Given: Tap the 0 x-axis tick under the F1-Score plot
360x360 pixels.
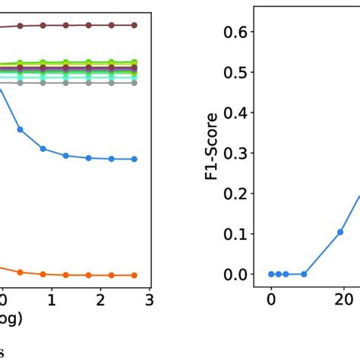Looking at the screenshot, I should point(271,300).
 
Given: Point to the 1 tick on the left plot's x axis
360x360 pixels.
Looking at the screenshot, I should point(51,300).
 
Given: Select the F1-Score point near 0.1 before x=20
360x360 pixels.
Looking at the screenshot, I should point(340,232).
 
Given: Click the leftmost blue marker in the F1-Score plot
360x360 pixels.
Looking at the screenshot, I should point(271,274).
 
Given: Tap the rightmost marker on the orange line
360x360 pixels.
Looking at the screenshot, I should point(134,275).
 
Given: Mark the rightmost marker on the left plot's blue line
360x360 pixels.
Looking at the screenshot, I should point(134,159).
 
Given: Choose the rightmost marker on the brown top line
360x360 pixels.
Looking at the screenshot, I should point(134,25).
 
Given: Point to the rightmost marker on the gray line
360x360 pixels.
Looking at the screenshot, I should point(134,82).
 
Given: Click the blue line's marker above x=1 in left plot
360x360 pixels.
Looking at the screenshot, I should point(43,148).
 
